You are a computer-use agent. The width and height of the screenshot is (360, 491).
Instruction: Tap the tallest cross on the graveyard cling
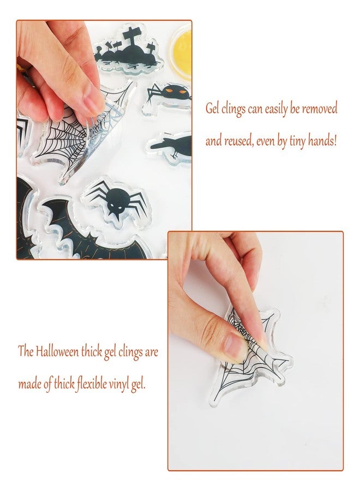point(131,38)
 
